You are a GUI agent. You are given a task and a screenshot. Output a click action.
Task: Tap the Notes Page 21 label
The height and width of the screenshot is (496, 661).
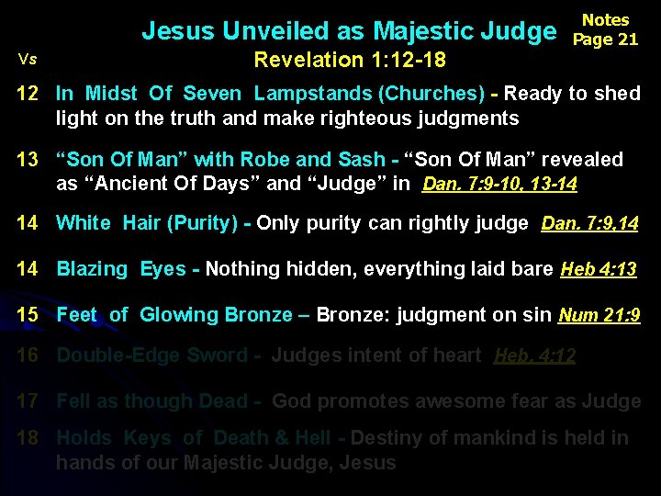(x=606, y=30)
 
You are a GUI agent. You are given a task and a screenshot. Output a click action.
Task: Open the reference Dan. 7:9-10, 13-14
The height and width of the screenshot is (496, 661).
(x=499, y=184)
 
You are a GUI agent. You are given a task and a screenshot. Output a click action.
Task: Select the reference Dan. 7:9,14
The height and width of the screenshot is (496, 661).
(x=590, y=223)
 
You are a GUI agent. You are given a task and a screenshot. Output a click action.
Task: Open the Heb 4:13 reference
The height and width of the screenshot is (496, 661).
(x=599, y=269)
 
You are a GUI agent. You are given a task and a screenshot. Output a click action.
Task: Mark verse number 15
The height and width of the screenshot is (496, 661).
(x=28, y=315)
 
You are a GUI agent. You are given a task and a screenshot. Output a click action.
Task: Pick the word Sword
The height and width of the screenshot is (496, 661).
(x=217, y=355)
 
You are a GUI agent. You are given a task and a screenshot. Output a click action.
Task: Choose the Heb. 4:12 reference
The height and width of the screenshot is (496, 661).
(x=534, y=355)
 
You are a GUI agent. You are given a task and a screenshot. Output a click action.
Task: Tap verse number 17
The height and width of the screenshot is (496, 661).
(x=28, y=401)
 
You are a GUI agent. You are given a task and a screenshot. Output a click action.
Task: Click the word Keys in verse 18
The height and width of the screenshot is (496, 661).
(x=147, y=439)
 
